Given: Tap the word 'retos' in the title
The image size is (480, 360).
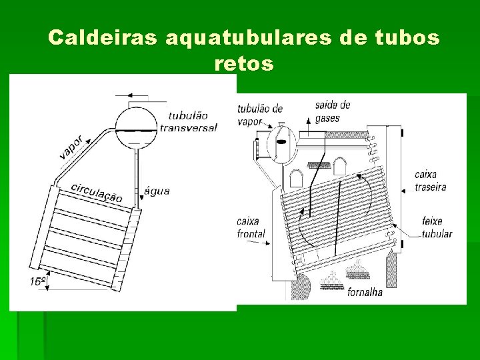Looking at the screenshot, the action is (244, 64).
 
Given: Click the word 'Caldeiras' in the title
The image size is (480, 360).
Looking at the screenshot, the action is (103, 38).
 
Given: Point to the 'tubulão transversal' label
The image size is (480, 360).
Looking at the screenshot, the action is (189, 121).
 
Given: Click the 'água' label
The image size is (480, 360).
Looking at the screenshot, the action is (157, 191).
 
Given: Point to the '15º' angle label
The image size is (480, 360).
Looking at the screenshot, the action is (37, 281).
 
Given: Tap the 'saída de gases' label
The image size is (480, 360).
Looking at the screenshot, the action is (332, 111).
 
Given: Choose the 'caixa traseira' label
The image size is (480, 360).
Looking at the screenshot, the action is (430, 181).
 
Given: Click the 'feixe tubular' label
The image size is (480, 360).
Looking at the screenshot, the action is (437, 227).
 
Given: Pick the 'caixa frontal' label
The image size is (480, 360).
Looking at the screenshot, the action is (251, 227).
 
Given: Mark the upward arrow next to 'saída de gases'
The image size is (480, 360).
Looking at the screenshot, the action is (308, 119).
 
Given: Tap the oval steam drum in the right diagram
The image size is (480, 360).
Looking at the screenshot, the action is (281, 143).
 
